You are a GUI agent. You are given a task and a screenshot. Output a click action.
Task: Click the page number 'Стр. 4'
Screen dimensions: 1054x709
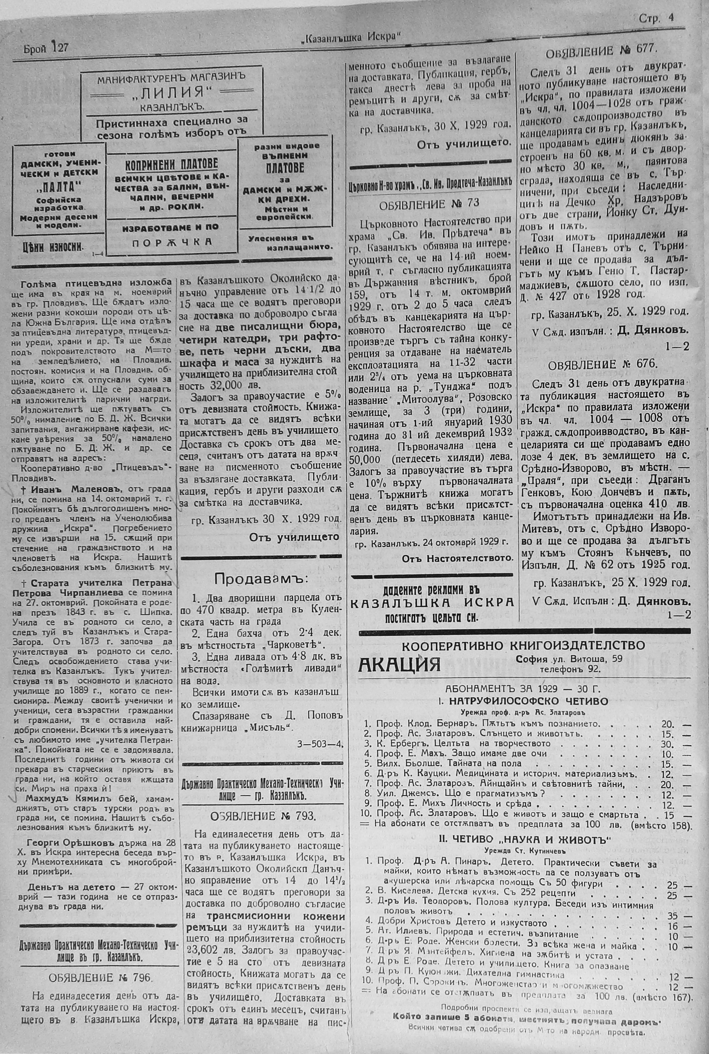point(656,18)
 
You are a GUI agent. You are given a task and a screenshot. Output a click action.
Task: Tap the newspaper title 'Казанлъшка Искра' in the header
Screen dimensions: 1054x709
point(351,37)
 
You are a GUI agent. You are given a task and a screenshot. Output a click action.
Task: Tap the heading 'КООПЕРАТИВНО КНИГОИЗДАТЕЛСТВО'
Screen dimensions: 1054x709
point(523,646)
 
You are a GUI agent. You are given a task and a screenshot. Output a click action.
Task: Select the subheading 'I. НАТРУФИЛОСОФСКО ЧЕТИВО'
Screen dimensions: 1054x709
point(524,701)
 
